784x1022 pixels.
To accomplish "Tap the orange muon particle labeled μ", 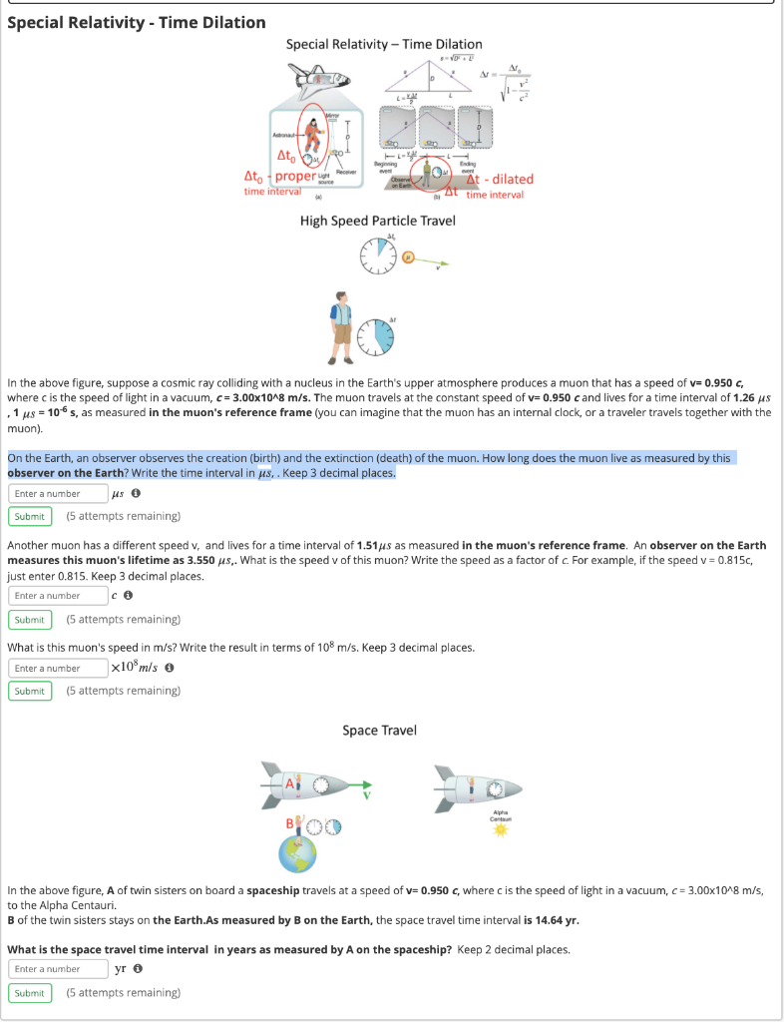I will pyautogui.click(x=408, y=260).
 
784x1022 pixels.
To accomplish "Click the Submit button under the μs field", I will pyautogui.click(x=30, y=516).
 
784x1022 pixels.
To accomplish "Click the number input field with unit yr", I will pyautogui.click(x=58, y=969).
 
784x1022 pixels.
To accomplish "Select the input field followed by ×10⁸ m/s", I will pyautogui.click(x=58, y=668).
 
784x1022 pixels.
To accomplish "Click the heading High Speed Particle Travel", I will pyautogui.click(x=377, y=220).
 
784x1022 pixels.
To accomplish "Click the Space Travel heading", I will pyautogui.click(x=378, y=731).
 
